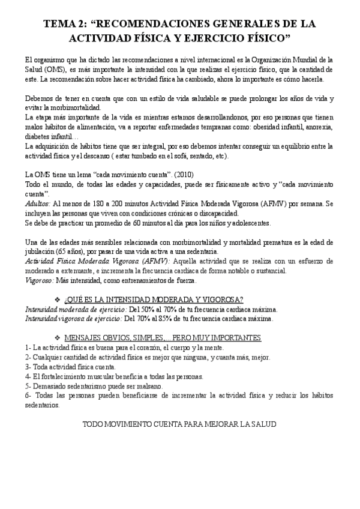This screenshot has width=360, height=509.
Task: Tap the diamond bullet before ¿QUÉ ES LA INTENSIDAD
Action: click(106, 300)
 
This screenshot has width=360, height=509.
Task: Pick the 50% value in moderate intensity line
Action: click(151, 309)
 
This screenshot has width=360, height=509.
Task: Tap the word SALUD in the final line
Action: click(263, 424)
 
